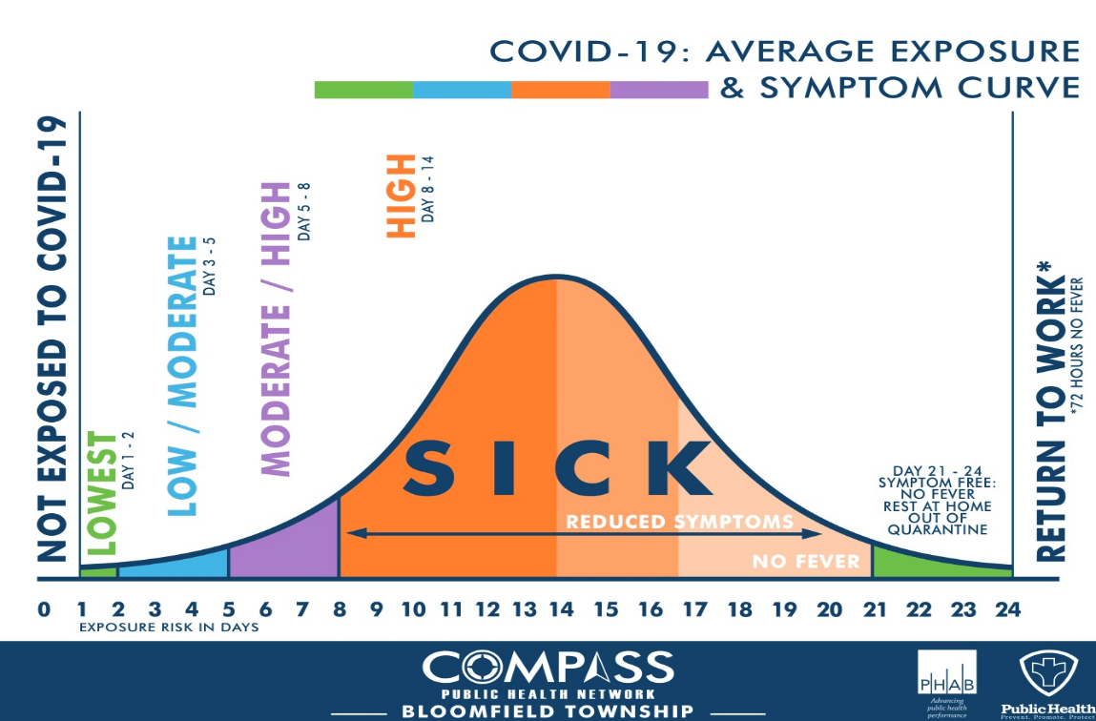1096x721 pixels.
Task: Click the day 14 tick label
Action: pos(558,608)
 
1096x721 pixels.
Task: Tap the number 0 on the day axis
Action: pos(44,608)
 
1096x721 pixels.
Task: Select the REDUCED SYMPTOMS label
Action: pos(679,522)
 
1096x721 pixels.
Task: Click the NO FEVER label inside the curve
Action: pos(805,561)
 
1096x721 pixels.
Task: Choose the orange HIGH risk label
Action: pos(402,196)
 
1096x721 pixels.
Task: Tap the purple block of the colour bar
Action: pos(659,90)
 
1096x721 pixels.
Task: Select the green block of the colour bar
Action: pos(363,90)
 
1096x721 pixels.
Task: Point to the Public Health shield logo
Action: pos(1047,673)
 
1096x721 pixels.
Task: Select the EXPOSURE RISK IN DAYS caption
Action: pos(169,628)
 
